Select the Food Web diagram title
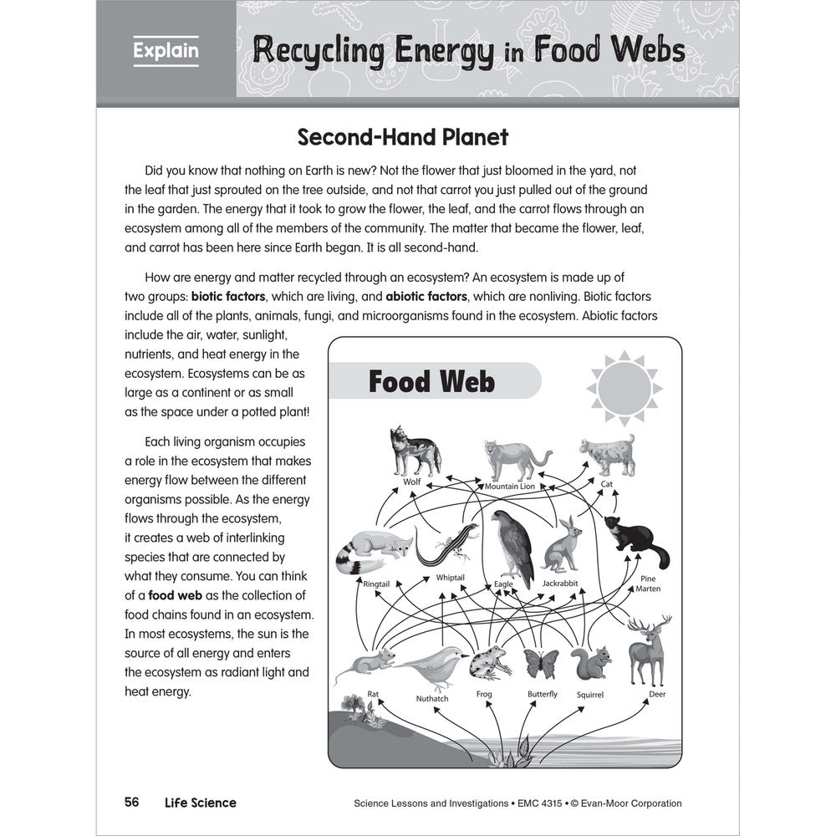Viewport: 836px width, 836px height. click(x=431, y=382)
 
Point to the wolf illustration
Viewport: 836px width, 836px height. click(x=413, y=452)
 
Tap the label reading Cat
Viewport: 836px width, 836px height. click(x=607, y=484)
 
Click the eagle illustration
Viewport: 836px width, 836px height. click(x=512, y=544)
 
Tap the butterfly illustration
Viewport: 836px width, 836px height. click(x=541, y=663)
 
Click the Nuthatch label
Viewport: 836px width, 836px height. click(x=432, y=698)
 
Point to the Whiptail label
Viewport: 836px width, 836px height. click(x=450, y=578)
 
